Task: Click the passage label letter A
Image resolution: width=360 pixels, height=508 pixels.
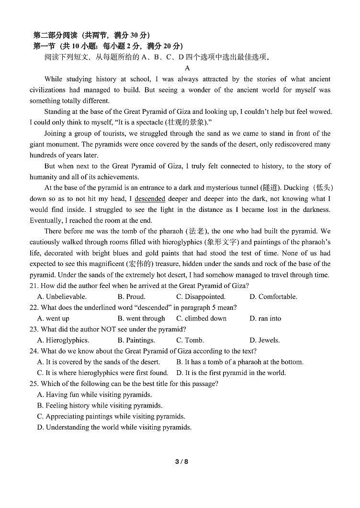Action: [x=187, y=68]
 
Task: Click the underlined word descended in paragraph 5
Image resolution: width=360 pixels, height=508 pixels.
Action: [x=150, y=199]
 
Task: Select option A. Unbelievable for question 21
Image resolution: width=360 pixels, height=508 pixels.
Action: [x=62, y=297]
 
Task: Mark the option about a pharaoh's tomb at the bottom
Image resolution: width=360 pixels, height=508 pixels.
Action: [x=239, y=362]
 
